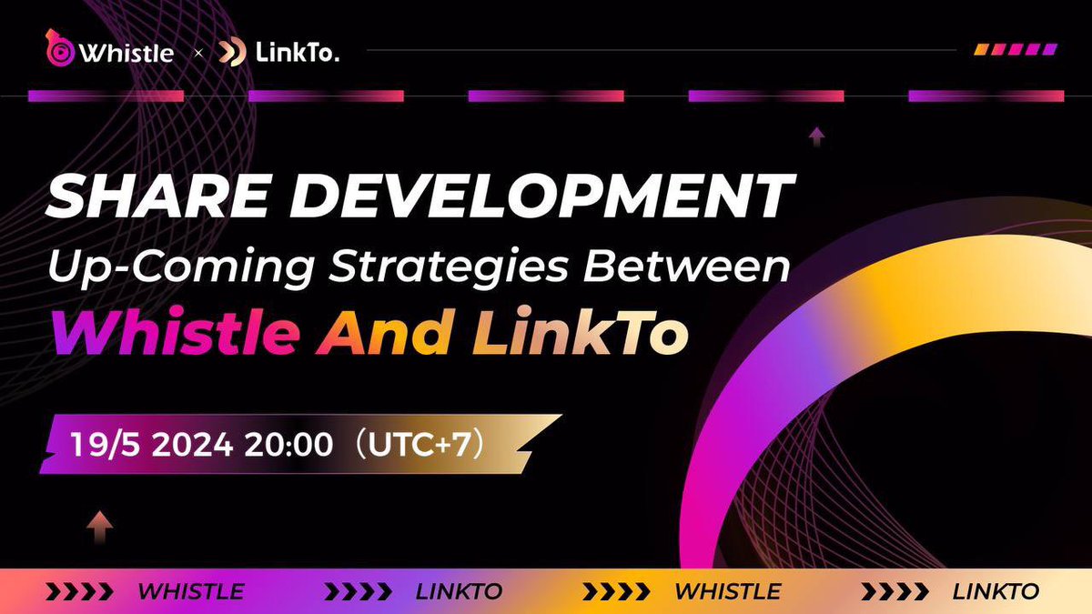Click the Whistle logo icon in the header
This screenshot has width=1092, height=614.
tap(59, 49)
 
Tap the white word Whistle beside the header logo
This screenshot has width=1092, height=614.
tap(125, 53)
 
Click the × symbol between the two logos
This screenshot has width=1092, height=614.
tap(198, 54)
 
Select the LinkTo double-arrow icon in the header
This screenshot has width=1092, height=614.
tap(233, 53)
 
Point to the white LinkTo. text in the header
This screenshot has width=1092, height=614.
tap(298, 53)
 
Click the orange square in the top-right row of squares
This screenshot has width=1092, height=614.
tap(982, 49)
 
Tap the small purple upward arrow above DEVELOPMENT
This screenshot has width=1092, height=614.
tap(817, 137)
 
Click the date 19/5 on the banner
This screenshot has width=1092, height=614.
tap(105, 447)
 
